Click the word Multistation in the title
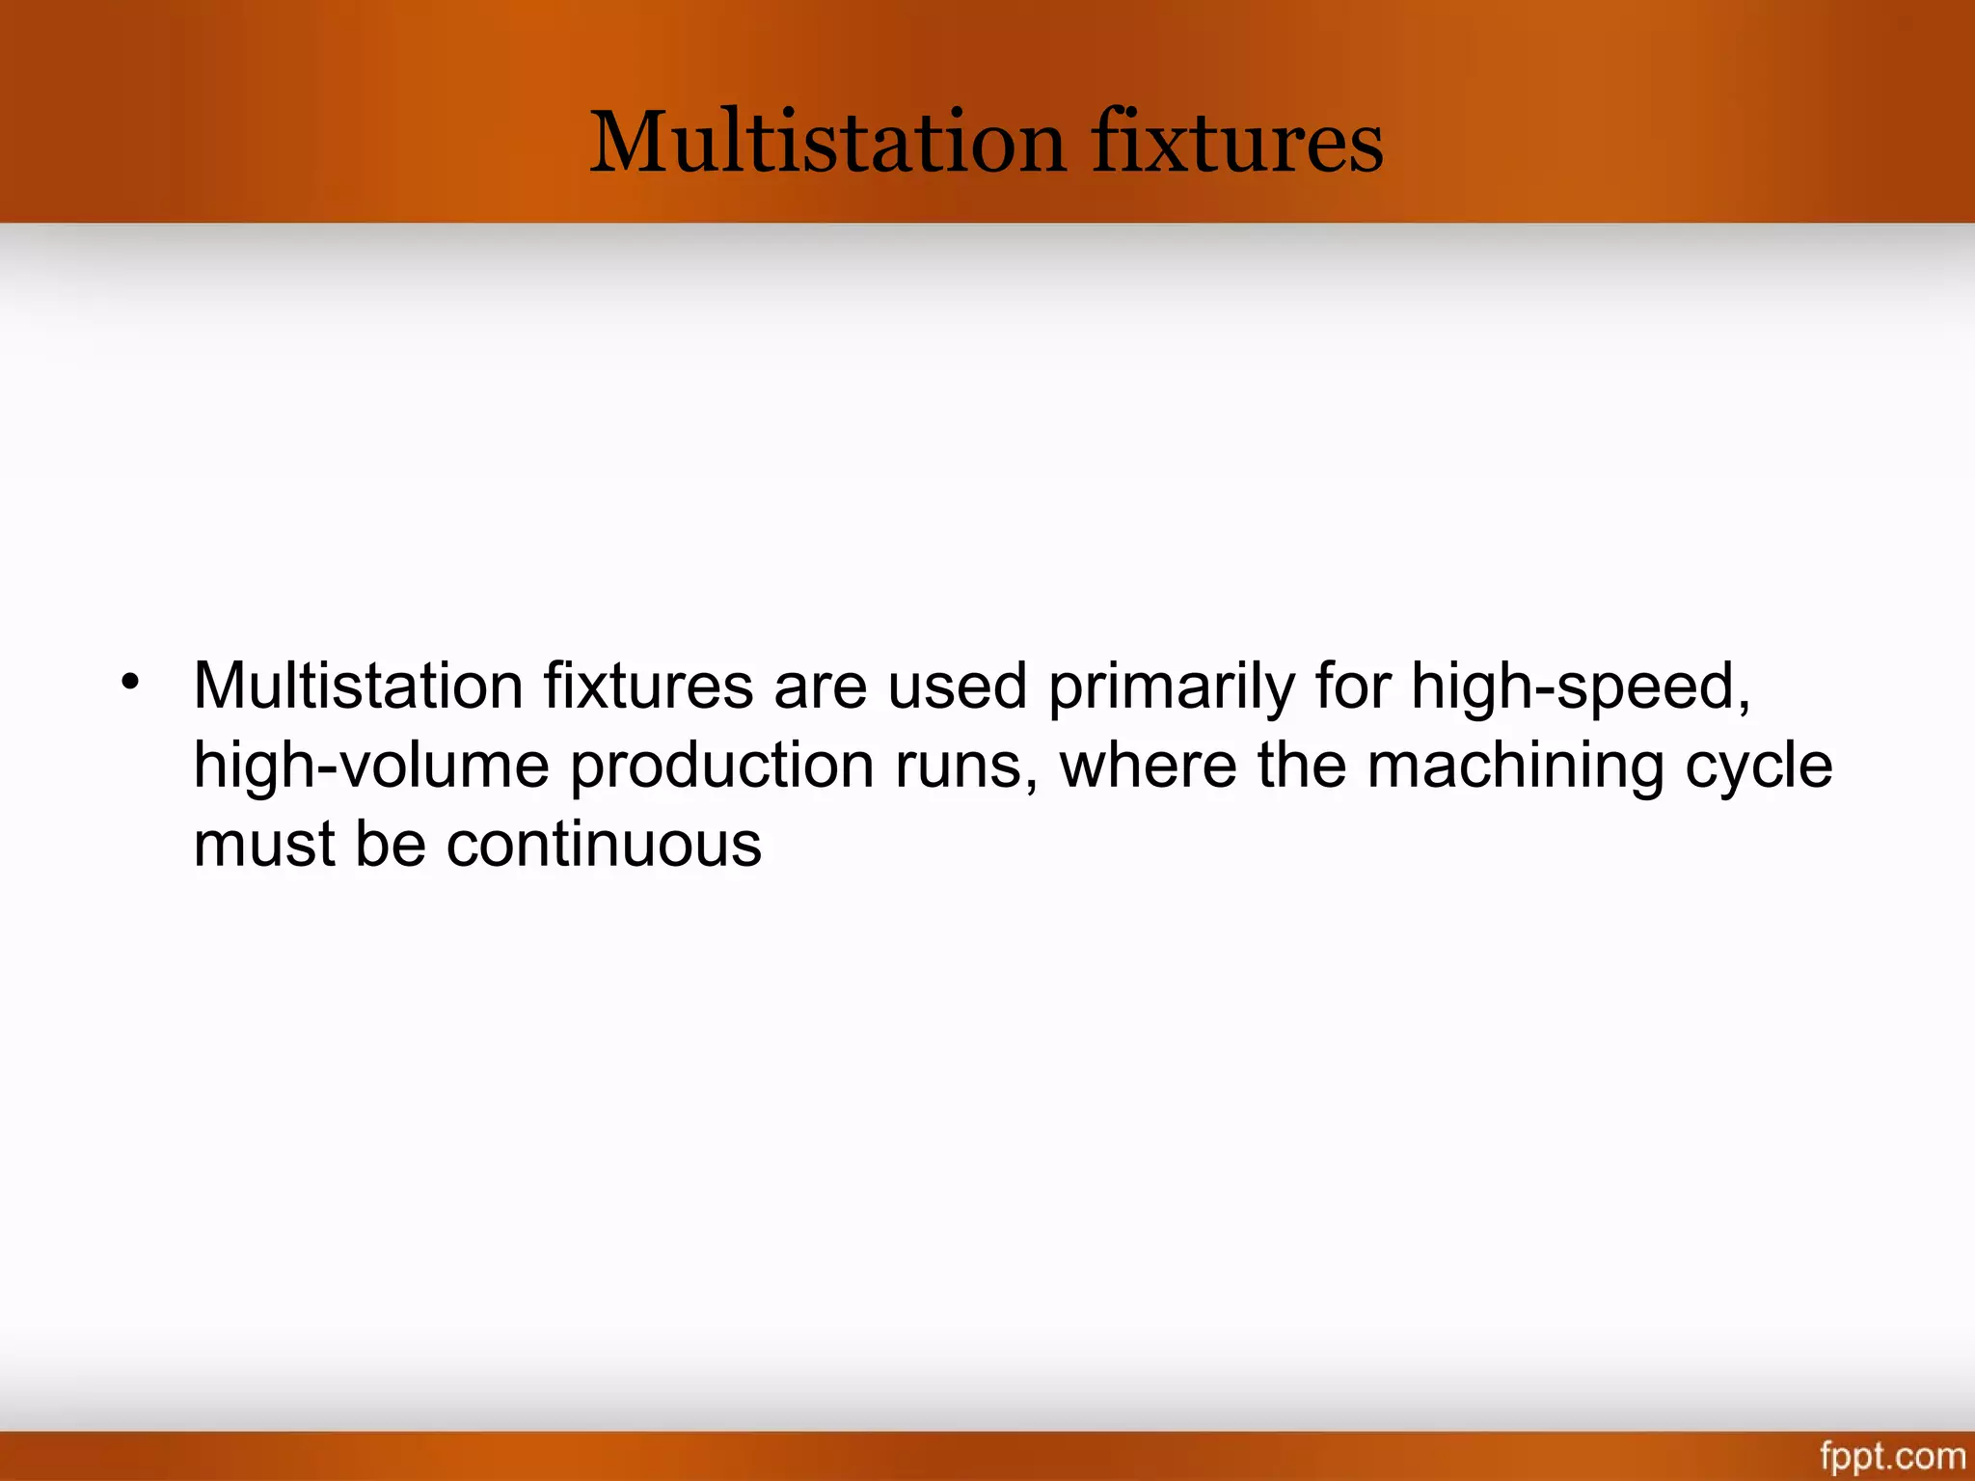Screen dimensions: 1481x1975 click(x=826, y=143)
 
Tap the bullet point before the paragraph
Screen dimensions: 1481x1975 click(x=130, y=683)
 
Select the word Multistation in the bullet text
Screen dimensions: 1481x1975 click(x=358, y=687)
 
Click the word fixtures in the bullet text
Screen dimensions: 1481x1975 click(x=648, y=687)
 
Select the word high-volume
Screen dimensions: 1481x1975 click(x=371, y=767)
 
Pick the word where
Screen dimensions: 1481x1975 click(x=1148, y=767)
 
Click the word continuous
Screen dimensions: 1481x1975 click(x=604, y=846)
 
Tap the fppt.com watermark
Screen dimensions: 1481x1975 click(x=1892, y=1455)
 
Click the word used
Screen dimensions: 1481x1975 click(x=957, y=687)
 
